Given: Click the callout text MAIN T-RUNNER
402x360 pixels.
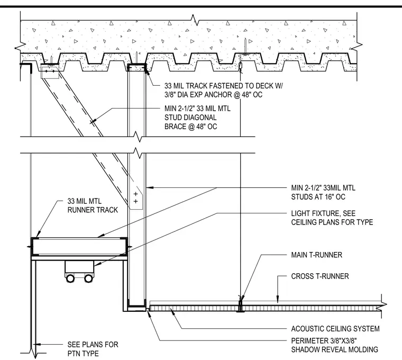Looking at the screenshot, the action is point(316,255).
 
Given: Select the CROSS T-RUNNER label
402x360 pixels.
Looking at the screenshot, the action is point(319,276).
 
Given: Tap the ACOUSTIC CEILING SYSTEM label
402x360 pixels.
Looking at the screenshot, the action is point(335,329).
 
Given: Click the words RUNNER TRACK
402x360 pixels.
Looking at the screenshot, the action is point(93,210).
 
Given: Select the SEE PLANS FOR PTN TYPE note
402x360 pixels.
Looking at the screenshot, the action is point(93,349).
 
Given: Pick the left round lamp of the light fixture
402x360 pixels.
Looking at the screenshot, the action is point(70,278).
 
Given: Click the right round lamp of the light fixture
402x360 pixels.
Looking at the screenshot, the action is point(88,278).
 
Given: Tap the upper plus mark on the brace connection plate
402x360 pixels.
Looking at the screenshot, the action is point(135,194).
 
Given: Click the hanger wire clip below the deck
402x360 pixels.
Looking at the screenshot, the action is point(241,66).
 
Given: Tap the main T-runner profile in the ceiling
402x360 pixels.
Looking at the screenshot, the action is point(240,306).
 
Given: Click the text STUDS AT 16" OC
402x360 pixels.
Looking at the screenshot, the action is point(318,197).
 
